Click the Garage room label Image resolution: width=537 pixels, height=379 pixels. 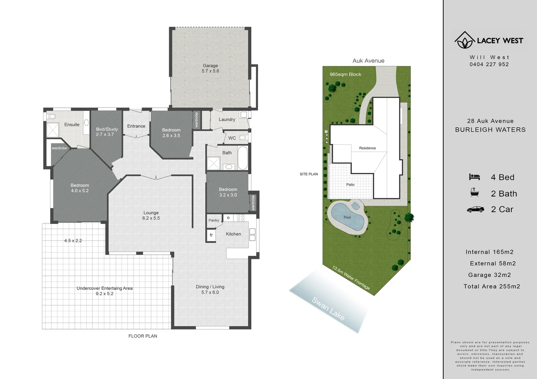(x=210, y=66)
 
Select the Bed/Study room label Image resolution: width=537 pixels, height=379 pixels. (x=107, y=129)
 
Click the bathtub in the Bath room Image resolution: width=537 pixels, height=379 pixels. (x=242, y=158)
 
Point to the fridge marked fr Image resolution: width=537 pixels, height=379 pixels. (x=211, y=235)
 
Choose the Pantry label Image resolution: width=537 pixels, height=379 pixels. (x=214, y=220)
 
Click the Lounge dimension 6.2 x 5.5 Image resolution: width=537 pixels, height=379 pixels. (x=151, y=218)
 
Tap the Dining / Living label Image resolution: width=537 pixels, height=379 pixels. (x=210, y=287)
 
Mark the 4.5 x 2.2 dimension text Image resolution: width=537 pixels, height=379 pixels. (x=73, y=241)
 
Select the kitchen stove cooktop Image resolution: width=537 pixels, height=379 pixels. (x=240, y=218)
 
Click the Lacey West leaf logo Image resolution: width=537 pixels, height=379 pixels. (x=465, y=40)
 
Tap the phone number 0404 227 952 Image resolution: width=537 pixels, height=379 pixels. (x=489, y=64)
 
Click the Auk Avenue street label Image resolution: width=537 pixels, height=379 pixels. (x=368, y=61)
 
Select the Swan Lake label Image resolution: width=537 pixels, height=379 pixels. (x=328, y=308)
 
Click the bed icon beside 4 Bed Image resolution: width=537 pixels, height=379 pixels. (x=474, y=177)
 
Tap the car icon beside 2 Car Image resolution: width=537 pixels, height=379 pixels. (x=475, y=210)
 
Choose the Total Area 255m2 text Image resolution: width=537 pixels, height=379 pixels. (x=492, y=286)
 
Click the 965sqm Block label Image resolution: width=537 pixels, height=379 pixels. (x=345, y=74)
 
